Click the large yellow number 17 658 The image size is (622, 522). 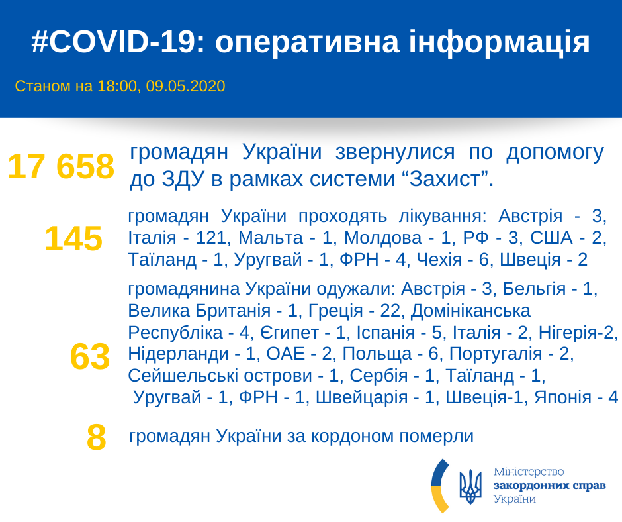coord(61,167)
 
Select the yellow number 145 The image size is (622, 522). coord(73,238)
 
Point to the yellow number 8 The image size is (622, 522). coord(97,437)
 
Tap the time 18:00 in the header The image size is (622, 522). coord(115,86)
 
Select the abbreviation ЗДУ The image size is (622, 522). coord(181,180)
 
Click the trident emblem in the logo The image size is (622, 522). coord(470,488)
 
